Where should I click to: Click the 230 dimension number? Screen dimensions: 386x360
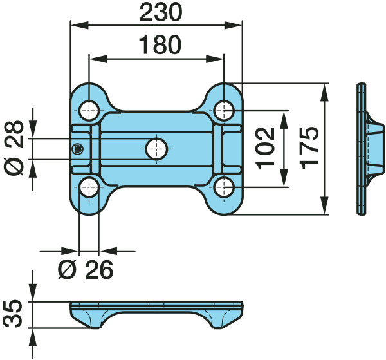161,12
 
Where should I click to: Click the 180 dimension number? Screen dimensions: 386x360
160,45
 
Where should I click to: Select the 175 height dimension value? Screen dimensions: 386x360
309,147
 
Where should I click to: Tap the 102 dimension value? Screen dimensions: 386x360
265,149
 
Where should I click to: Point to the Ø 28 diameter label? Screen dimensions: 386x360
14,147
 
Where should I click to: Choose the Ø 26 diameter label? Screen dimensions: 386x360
86,270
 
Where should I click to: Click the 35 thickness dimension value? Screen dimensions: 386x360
14,314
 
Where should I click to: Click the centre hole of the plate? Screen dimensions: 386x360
156,149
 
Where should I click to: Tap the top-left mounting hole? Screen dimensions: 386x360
89,111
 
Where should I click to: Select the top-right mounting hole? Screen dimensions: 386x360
224,111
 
